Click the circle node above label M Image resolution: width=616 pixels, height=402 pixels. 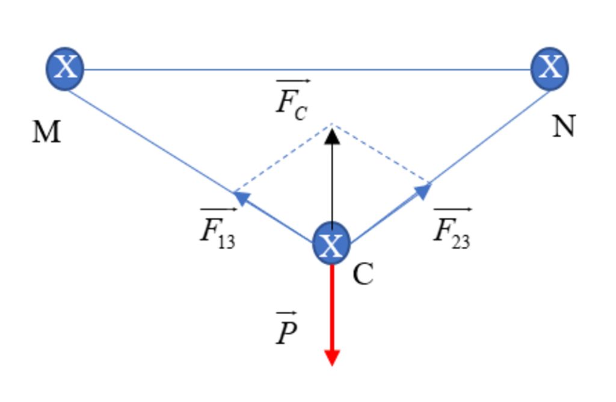point(65,68)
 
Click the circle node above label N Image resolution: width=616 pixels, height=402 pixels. point(550,68)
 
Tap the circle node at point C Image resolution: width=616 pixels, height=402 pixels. point(331,244)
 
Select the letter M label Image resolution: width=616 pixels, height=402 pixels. point(46,132)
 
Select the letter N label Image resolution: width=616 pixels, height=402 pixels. point(564,127)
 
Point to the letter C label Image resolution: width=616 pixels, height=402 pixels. point(363,274)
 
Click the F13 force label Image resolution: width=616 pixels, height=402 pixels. point(218,228)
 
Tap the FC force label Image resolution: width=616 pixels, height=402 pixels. point(292,100)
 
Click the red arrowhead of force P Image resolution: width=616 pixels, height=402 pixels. point(332,356)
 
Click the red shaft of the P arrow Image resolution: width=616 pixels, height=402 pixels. point(332,307)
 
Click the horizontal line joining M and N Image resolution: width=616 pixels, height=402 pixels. point(307,69)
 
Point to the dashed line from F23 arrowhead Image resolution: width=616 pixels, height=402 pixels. point(380,154)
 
